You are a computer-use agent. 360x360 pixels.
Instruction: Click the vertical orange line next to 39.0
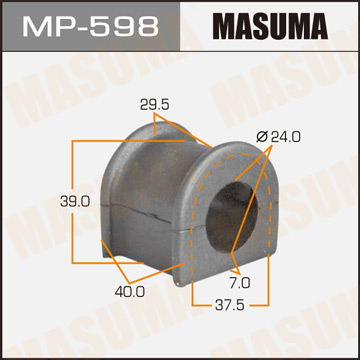72,200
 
